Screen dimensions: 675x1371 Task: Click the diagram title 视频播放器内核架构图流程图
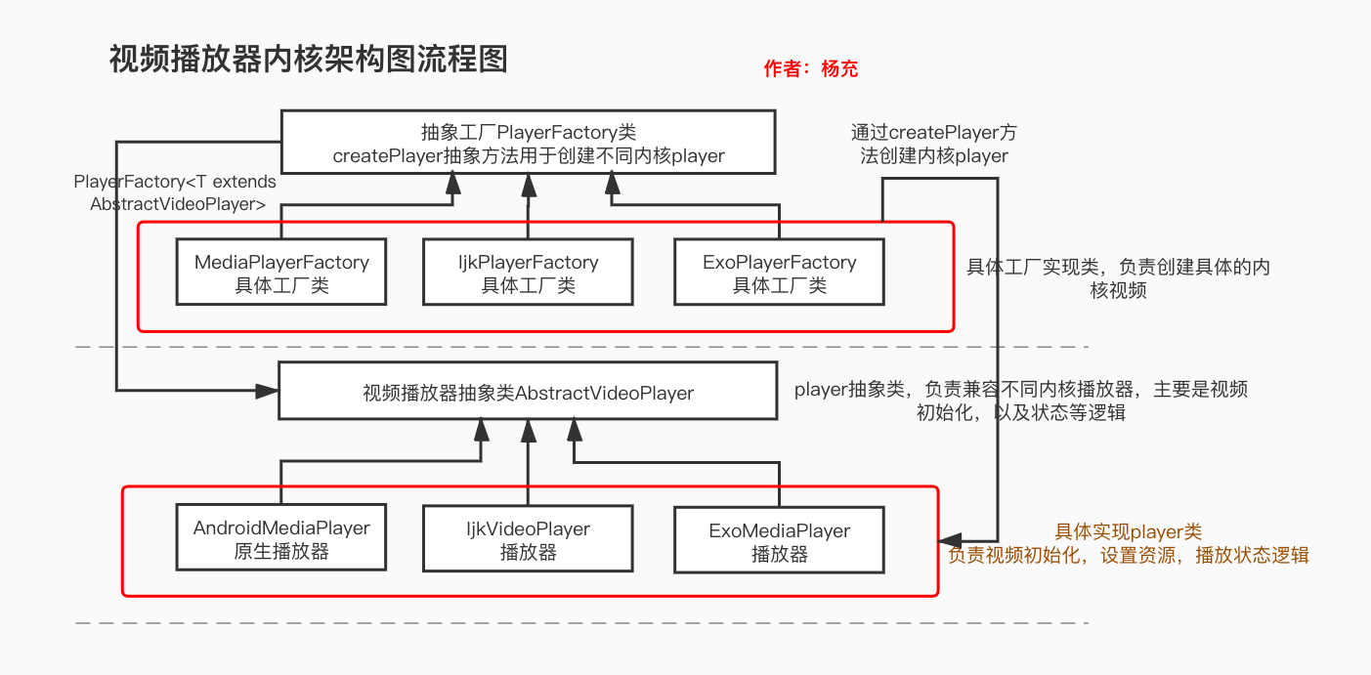[x=309, y=60]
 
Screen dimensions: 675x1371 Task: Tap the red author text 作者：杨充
[x=810, y=69]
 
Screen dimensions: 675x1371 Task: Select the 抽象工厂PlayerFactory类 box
[x=529, y=143]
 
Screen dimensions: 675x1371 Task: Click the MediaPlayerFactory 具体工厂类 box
[x=281, y=274]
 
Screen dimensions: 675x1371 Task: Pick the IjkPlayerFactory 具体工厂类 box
[x=529, y=274]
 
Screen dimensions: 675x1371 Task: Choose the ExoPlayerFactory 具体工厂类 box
[x=780, y=274]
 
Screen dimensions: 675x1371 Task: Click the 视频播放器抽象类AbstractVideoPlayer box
[x=529, y=393]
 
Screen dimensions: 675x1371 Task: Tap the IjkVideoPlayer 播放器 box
[x=529, y=539]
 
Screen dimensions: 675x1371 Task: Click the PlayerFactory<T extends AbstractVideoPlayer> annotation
[x=176, y=192]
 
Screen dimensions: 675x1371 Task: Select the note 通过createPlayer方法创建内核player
[x=933, y=144]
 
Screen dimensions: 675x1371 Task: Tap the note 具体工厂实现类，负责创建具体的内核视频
[x=1118, y=278]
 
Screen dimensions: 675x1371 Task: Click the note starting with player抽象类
[x=1021, y=401]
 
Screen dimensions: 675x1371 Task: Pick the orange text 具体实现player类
[x=1128, y=532]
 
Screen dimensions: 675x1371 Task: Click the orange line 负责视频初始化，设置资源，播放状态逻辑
[x=1128, y=555]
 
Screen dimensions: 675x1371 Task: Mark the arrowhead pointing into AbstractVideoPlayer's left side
[x=268, y=392]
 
